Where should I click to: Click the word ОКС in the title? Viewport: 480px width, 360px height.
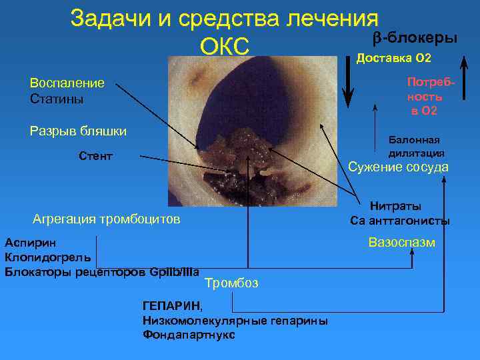point(224,45)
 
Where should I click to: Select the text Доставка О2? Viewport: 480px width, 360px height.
point(395,58)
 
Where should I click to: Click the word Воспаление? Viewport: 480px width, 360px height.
point(67,83)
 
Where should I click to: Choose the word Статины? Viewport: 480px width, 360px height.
point(57,99)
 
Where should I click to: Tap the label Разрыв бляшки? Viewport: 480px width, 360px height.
point(79,130)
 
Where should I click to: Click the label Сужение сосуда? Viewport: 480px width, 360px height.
point(399,167)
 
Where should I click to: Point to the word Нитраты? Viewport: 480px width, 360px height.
point(396,207)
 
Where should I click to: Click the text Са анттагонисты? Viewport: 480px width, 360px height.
point(400,221)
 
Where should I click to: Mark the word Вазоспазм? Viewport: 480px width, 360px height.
point(402,242)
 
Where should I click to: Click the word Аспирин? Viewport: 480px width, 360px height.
point(31,243)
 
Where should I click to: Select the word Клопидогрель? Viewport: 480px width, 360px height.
point(48,257)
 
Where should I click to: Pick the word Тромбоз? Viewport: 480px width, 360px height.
point(231,283)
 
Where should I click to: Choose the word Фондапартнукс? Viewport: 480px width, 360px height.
point(189,335)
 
